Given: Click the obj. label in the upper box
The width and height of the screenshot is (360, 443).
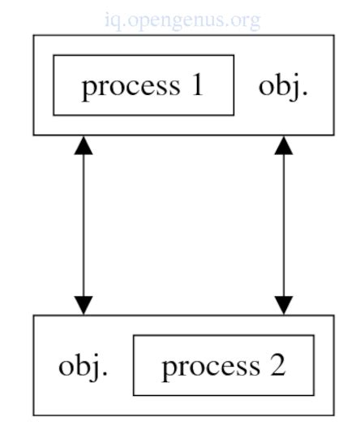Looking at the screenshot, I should [283, 85].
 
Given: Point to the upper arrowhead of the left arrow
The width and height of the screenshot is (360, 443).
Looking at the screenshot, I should [84, 145].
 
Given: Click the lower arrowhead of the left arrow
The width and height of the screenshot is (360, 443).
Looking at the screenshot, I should [84, 304].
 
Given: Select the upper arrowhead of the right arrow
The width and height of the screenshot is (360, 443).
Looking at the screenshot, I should [283, 145].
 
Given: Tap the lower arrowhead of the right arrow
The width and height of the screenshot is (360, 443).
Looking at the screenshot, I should [283, 304].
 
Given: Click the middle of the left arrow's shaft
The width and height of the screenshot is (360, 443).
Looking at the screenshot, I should [84, 225].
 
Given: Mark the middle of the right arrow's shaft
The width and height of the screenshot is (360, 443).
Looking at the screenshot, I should [283, 225].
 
